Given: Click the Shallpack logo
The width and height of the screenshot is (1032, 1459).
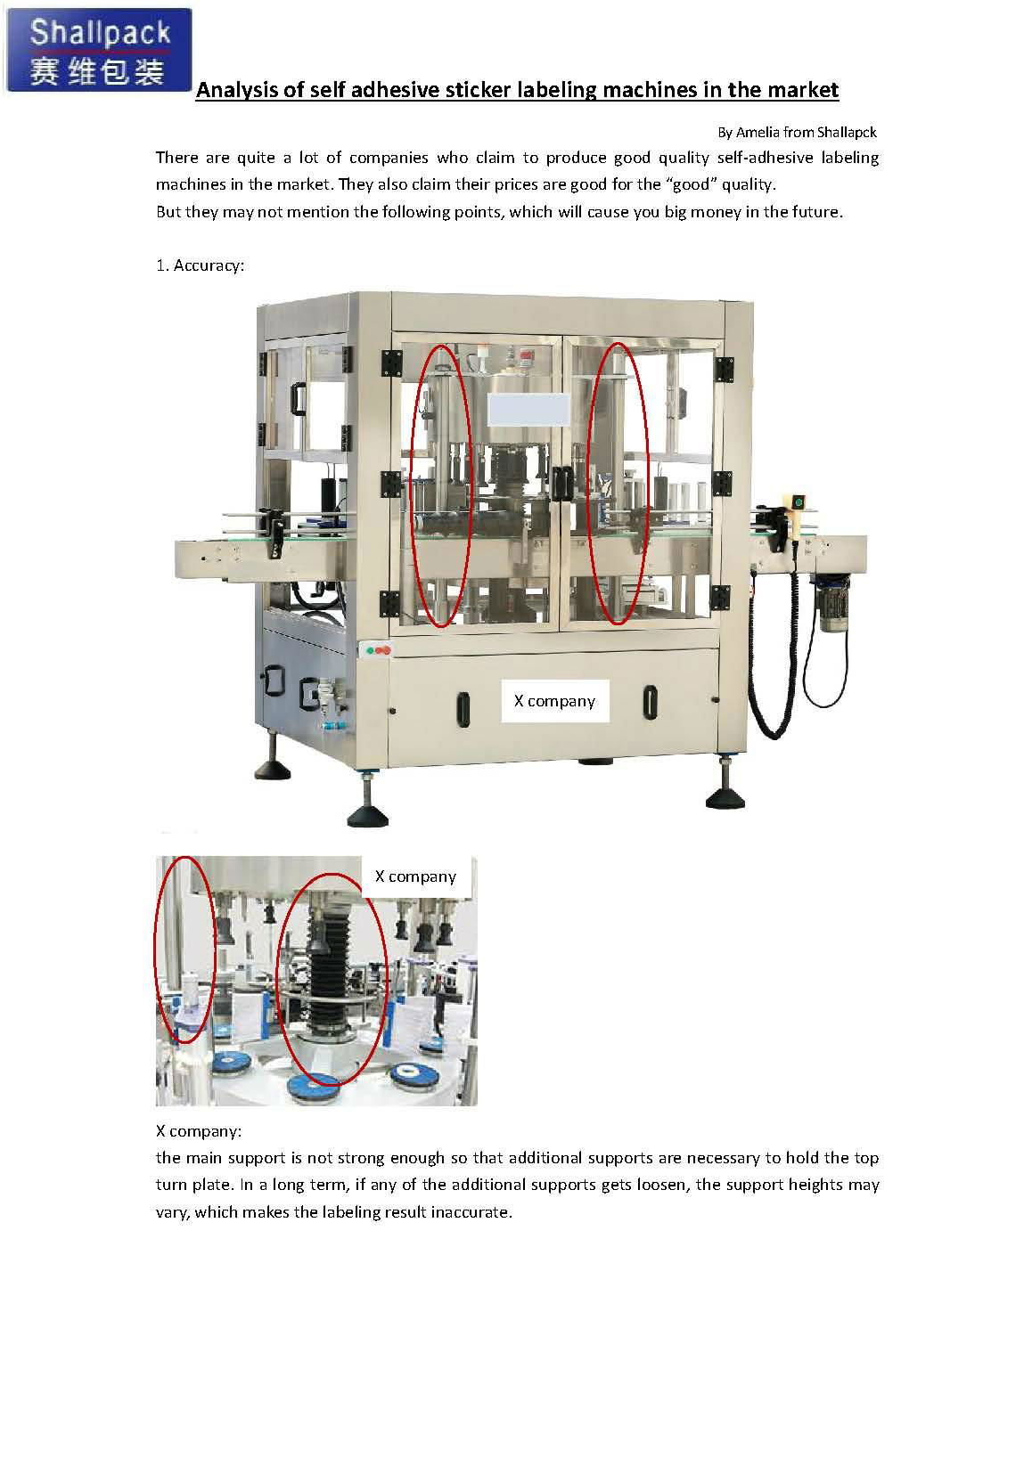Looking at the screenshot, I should [x=99, y=49].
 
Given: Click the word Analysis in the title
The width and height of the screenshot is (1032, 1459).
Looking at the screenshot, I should [x=233, y=90].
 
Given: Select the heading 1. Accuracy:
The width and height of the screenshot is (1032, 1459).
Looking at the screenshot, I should [x=201, y=265].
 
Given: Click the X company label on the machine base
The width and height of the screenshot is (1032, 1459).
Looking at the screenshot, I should [x=554, y=701].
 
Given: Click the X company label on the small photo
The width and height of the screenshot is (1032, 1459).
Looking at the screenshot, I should [x=415, y=876].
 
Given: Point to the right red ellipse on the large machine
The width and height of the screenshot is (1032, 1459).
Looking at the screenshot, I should [x=616, y=482].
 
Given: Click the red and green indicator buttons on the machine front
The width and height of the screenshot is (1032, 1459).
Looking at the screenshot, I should [x=378, y=649].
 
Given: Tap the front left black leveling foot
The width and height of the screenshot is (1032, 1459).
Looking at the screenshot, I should [x=367, y=812].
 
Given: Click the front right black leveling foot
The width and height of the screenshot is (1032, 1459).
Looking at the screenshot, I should [x=726, y=795].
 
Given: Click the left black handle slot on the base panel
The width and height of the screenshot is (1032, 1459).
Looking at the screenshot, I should [x=463, y=707].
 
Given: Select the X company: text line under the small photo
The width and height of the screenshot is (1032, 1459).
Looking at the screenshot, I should [x=198, y=1131].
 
